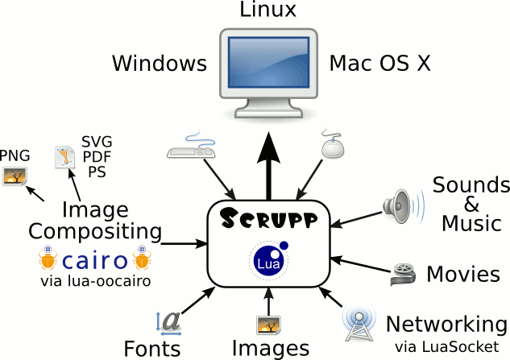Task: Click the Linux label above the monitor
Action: tap(268, 10)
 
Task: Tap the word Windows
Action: tap(160, 63)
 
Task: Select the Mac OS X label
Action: tap(380, 63)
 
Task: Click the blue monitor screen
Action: tap(268, 63)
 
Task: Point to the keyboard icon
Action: tap(191, 145)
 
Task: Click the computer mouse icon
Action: tap(333, 144)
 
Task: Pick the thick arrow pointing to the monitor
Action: tap(268, 166)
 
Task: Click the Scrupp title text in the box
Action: tap(268, 218)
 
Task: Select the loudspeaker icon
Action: tap(404, 206)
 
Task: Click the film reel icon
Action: tap(404, 275)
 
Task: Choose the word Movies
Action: tap(463, 274)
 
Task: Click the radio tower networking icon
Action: tap(359, 325)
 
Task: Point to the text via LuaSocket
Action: tap(447, 347)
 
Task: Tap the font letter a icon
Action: tap(169, 323)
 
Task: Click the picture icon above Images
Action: tap(268, 325)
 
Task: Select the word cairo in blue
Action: tap(94, 261)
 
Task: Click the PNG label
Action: tap(15, 155)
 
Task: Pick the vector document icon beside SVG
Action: tap(64, 157)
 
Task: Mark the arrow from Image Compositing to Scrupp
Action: tap(185, 243)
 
